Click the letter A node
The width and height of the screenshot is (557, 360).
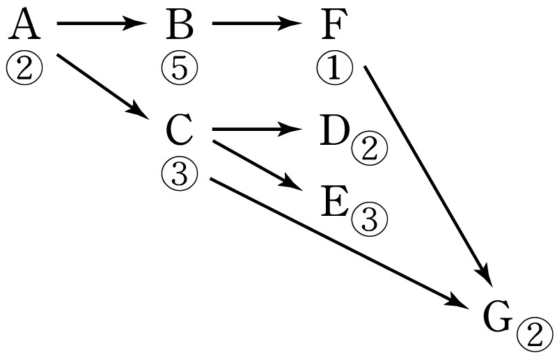tap(24, 24)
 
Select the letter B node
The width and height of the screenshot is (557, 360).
tap(180, 24)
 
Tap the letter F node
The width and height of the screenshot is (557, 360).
tap(334, 24)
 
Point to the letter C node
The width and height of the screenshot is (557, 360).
tap(180, 130)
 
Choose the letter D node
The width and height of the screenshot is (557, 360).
tap(334, 130)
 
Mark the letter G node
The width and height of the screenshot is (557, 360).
tap(498, 317)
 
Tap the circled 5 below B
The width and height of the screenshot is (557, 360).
tap(180, 68)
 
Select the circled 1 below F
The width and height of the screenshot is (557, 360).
tap(335, 68)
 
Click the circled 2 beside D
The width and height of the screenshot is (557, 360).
tap(370, 148)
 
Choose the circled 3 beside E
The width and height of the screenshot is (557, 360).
tap(370, 219)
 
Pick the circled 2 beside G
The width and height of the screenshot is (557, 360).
tap(535, 336)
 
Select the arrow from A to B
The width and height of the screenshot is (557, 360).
tap(102, 24)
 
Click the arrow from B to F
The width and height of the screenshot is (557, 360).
tap(257, 24)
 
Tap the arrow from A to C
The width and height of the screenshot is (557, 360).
tap(102, 86)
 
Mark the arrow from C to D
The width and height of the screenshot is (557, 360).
tap(257, 129)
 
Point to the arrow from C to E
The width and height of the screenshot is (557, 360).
tap(258, 166)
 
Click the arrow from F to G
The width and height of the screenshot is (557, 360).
tap(428, 176)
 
